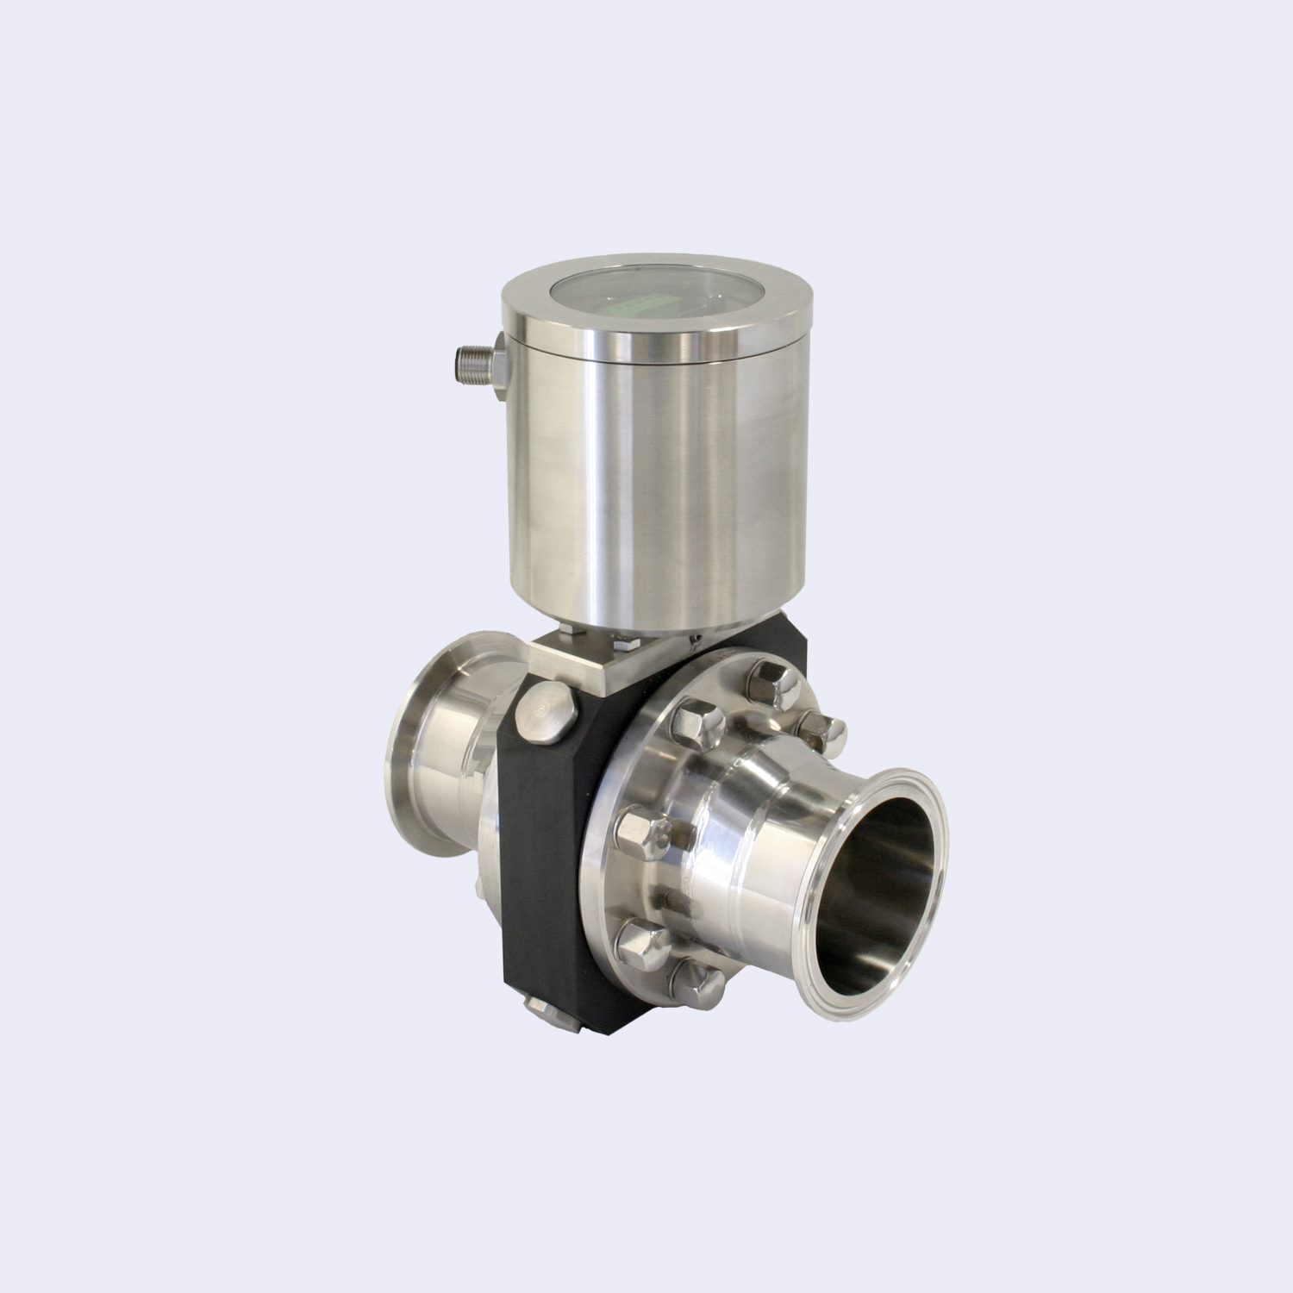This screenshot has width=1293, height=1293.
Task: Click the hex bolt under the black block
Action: (552, 1017)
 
